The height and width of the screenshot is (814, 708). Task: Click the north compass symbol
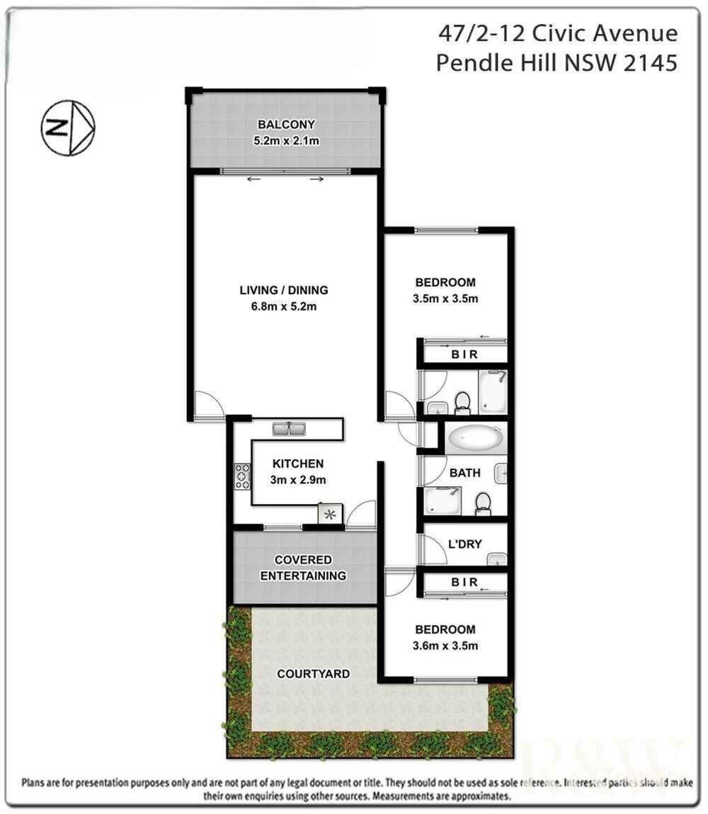pyautogui.click(x=67, y=127)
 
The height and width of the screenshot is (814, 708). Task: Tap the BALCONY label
pyautogui.click(x=286, y=125)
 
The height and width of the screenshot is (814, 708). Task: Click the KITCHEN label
pyautogui.click(x=298, y=464)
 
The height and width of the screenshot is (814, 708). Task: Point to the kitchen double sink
pyautogui.click(x=288, y=428)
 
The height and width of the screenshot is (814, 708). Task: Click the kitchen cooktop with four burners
pyautogui.click(x=243, y=476)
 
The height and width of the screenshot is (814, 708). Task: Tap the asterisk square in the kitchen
pyautogui.click(x=330, y=515)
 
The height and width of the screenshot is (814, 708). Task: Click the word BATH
pyautogui.click(x=464, y=473)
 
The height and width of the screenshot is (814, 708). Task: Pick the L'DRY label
pyautogui.click(x=464, y=544)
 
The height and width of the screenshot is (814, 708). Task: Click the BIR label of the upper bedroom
pyautogui.click(x=464, y=355)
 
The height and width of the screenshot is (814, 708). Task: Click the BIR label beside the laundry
pyautogui.click(x=464, y=583)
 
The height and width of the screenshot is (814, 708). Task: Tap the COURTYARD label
pyautogui.click(x=313, y=674)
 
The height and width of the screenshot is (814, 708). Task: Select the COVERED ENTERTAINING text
pyautogui.click(x=303, y=568)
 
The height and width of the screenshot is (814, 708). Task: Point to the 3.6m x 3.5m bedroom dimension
pyautogui.click(x=445, y=646)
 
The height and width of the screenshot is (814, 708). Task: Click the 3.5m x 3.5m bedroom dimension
pyautogui.click(x=445, y=298)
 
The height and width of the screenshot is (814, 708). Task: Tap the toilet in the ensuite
pyautogui.click(x=462, y=401)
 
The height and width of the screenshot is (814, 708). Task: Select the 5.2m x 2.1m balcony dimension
pyautogui.click(x=286, y=141)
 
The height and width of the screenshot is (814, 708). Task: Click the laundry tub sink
pyautogui.click(x=498, y=560)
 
